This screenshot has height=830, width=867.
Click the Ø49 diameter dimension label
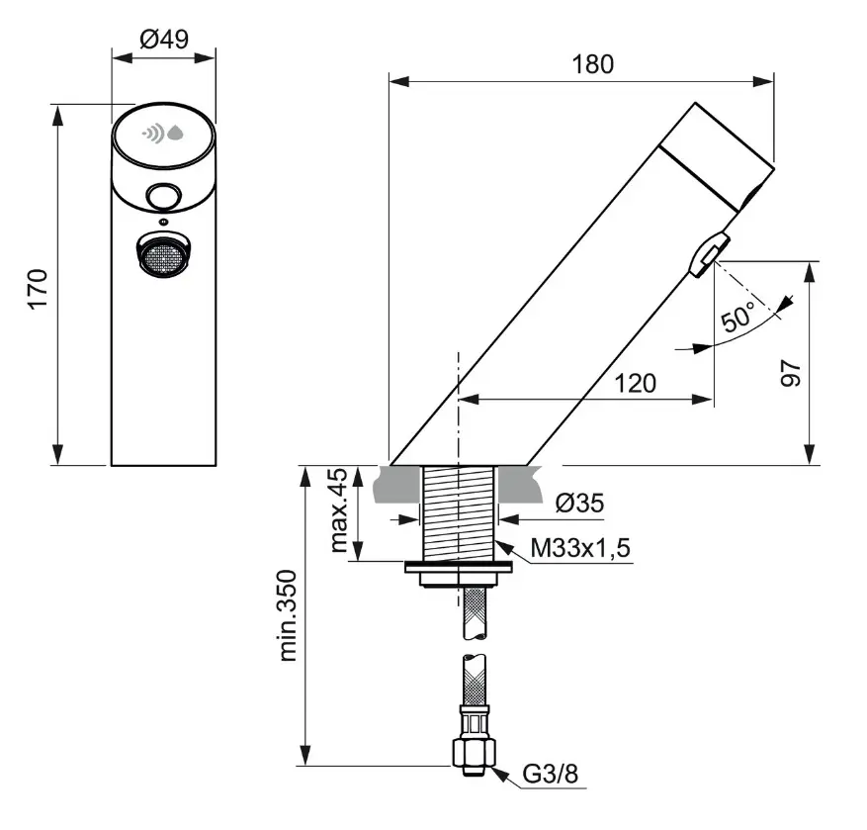163,39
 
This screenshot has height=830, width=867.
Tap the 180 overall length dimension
592,64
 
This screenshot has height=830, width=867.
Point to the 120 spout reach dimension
635,383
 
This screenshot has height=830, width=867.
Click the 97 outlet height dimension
790,371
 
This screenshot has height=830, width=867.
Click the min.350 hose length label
289,613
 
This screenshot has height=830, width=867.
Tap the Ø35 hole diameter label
578,504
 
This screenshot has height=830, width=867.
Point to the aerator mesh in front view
162,256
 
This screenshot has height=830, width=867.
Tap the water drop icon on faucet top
176,133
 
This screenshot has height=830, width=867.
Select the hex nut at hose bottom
472,752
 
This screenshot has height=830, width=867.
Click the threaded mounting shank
458,512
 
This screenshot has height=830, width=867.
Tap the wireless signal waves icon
152,133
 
